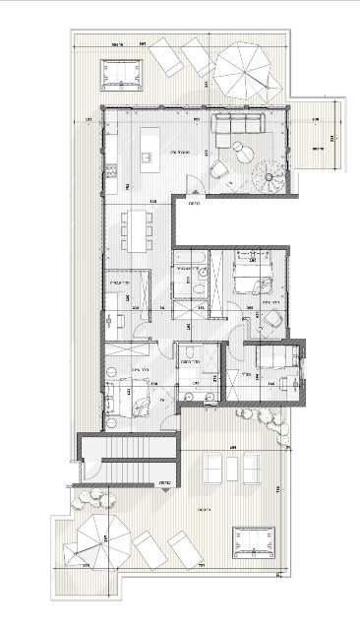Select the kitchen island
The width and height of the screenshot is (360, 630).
point(150,144)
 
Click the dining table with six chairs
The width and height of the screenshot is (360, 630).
point(138,230)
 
